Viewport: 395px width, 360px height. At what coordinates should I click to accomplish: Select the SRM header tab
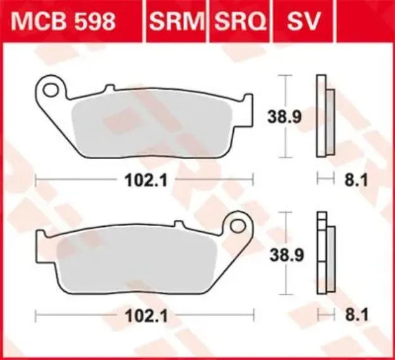point(177,21)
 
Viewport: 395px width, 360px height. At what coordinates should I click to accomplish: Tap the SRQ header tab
point(241,21)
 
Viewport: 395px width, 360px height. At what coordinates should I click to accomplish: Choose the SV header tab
point(304,21)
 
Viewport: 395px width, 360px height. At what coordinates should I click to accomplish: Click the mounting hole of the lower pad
point(238,224)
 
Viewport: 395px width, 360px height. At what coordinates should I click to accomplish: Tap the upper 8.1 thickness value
point(351,181)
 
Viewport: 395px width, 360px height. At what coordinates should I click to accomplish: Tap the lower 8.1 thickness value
point(351,315)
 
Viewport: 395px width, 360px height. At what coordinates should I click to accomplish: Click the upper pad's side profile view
point(323,117)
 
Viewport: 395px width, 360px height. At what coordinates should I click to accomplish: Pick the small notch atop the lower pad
point(179,223)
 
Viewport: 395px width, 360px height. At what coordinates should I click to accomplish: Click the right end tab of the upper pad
point(248,104)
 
